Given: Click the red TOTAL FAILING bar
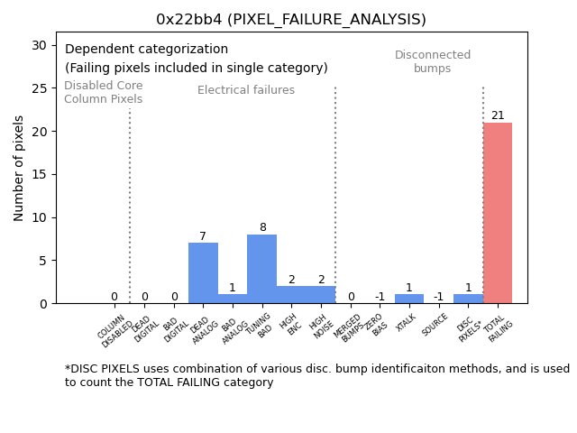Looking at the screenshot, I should coord(498,213).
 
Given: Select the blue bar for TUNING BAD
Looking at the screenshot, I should coord(261,269).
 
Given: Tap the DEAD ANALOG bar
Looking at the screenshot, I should coord(203,273).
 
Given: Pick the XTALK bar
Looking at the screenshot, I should coord(408,299).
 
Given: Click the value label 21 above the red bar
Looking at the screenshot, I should coord(498,115).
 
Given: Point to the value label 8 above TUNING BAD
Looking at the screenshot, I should coord(262,227).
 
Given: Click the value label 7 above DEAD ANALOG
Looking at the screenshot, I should coord(203,236).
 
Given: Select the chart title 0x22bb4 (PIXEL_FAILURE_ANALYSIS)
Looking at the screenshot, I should coord(291,20).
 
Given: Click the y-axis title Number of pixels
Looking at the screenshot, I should coord(20,168).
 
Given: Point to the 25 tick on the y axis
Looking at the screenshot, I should coord(41,88).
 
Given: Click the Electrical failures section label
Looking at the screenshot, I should coord(246,90).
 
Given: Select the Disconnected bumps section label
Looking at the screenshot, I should coord(433,62).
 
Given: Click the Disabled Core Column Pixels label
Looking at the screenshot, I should coord(103,93).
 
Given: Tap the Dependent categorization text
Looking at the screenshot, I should coord(146,50).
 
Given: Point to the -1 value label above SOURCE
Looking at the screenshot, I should coord(438,297).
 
